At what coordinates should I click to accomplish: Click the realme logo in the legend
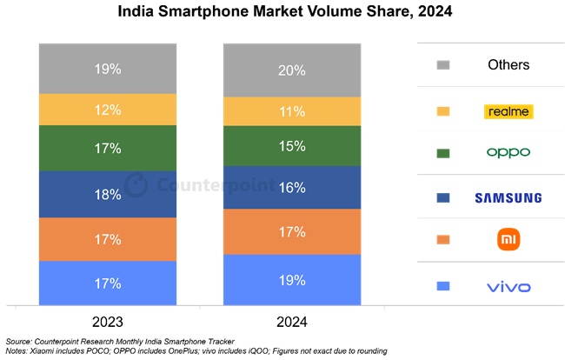(x=508, y=111)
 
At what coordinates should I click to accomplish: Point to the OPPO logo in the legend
(x=508, y=153)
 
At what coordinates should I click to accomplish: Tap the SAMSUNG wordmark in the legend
(x=508, y=197)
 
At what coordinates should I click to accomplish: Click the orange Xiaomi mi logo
(x=508, y=239)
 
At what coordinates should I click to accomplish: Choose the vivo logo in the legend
(x=508, y=285)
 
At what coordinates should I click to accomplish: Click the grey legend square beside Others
(x=443, y=65)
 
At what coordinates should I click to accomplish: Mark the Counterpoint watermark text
(x=201, y=185)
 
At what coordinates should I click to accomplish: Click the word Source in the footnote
(x=22, y=340)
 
